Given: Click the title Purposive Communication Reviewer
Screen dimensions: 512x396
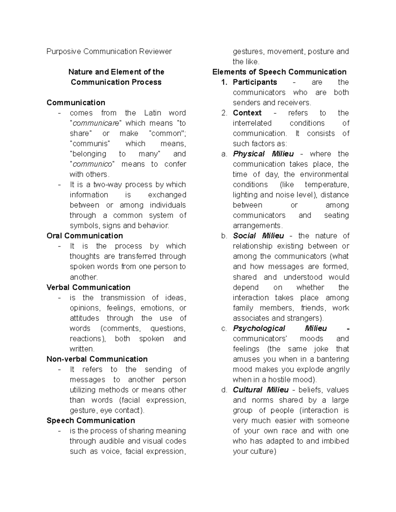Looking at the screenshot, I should point(109,51).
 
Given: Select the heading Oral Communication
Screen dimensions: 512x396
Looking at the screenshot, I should point(85,236).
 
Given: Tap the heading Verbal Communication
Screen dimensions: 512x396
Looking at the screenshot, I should point(88,287).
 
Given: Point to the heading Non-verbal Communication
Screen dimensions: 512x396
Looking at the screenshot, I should point(97,359).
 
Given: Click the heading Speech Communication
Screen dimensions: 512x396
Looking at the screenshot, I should point(91,420).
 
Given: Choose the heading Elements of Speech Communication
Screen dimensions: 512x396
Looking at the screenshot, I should point(280,72).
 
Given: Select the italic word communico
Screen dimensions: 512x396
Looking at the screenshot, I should point(92,164).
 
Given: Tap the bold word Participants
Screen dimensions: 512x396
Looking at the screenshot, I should point(255,82).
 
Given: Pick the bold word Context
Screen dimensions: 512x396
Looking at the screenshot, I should point(247,113).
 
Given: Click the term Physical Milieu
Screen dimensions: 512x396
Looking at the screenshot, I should point(263,154).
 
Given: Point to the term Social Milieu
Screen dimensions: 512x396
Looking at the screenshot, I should point(258,236).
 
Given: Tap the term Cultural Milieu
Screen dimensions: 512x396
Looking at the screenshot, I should point(261,390).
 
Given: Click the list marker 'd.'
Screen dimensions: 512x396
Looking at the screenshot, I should point(224,390).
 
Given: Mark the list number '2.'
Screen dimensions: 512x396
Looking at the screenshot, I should point(224,113).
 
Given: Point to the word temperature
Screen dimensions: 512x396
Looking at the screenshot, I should point(326,185).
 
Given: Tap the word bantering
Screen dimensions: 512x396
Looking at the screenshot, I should point(332,359).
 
